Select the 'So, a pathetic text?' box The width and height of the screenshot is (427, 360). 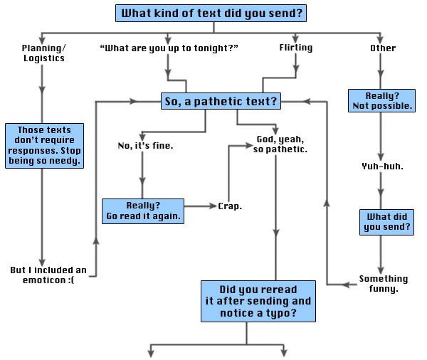[221, 102]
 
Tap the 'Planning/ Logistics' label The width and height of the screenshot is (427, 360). [43, 53]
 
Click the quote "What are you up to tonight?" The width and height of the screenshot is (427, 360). [169, 48]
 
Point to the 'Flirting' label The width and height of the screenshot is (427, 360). [295, 48]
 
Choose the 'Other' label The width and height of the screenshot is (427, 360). [383, 48]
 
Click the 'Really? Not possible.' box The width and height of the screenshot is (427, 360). [382, 100]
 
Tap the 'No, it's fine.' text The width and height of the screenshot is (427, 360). [145, 146]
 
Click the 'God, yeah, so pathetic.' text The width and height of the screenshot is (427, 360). [280, 144]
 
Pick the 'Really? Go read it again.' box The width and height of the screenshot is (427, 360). [143, 211]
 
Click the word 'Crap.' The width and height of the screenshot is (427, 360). [230, 206]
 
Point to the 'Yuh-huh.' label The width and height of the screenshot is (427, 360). [382, 166]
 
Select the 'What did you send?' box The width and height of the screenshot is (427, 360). [386, 222]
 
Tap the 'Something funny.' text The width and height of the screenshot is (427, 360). [384, 284]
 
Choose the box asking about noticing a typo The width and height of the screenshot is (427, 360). [258, 301]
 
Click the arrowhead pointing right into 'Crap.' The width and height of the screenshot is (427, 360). [211, 206]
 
